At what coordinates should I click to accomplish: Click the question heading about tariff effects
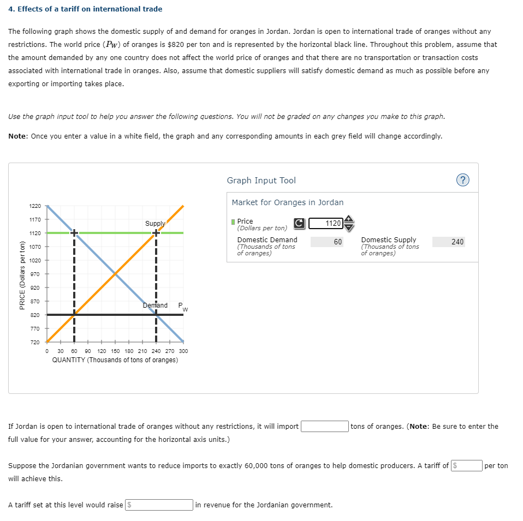[x=85, y=9]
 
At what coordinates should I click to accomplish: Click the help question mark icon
[x=462, y=181]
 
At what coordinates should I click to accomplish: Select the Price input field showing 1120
[x=326, y=223]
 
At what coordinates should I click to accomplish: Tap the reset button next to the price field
[x=299, y=223]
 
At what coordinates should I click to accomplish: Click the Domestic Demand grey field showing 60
[x=327, y=242]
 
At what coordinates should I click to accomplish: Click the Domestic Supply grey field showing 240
[x=449, y=242]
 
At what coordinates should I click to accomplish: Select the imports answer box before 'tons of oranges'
[x=325, y=426]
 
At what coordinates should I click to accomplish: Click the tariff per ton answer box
[x=467, y=465]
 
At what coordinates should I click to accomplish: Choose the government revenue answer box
[x=159, y=505]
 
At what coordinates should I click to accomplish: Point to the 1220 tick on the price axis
[x=34, y=206]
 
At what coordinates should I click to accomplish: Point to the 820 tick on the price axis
[x=34, y=315]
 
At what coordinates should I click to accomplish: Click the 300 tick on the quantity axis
[x=183, y=351]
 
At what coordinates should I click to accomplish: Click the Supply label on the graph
[x=154, y=224]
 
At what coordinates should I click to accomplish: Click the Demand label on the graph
[x=155, y=306]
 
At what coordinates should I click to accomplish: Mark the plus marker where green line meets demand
[x=74, y=233]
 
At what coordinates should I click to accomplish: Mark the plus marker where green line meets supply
[x=156, y=233]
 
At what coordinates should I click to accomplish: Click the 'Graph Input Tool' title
[x=261, y=181]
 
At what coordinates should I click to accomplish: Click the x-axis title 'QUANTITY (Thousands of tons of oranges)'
[x=115, y=360]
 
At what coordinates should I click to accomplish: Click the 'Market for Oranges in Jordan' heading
[x=287, y=202]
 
